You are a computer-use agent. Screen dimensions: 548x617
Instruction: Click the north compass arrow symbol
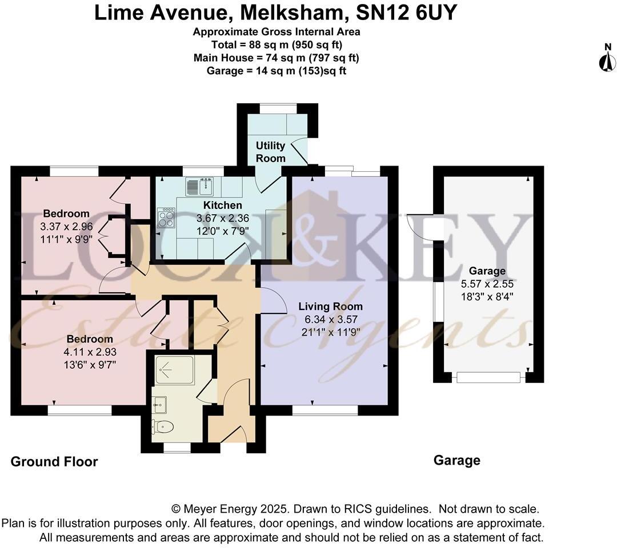(607, 61)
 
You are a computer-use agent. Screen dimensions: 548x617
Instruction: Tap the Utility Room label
(270, 152)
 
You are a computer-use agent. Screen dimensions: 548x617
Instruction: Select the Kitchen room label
(223, 205)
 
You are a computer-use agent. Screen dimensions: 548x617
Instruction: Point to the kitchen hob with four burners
(166, 217)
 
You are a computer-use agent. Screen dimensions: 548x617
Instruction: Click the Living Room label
(330, 307)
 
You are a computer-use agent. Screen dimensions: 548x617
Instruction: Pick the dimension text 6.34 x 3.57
(330, 319)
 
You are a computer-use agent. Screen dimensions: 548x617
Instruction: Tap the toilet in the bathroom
(163, 426)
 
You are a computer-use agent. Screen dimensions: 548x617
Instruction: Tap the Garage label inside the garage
(487, 271)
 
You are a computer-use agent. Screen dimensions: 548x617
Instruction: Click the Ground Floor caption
(54, 462)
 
